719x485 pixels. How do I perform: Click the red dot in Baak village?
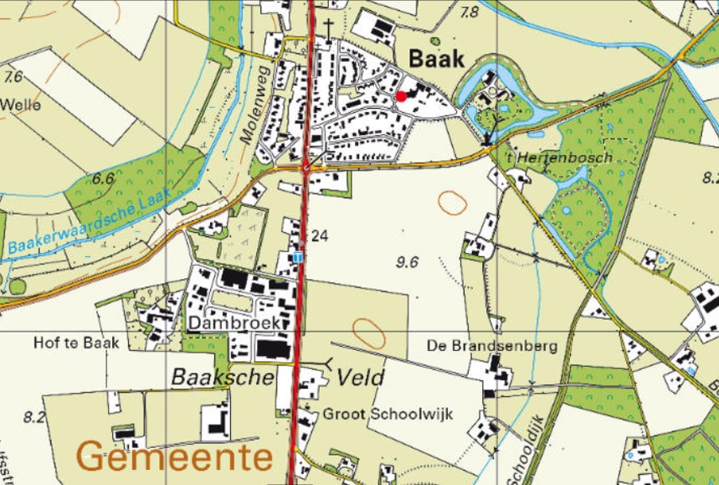401,96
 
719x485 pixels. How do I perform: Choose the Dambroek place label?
234,322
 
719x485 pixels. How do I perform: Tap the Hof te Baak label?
77,343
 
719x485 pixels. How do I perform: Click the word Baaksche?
223,378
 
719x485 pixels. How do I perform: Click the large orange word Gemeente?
176,457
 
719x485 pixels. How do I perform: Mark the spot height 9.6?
407,262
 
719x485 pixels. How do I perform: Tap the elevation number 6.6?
103,178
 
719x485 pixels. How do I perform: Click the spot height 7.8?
470,12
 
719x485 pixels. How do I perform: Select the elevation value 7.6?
13,77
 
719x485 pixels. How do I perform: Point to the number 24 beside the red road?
319,236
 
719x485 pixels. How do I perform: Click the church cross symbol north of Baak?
330,27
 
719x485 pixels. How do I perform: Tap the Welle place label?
21,106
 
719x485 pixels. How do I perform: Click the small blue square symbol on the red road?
300,256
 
